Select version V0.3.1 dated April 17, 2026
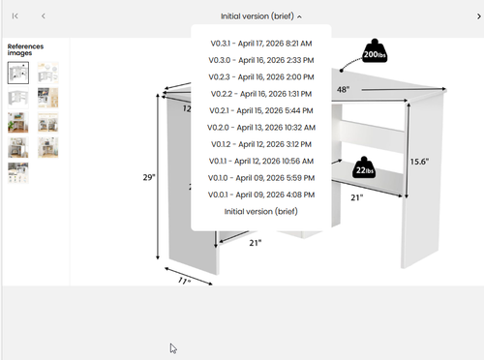tap(261, 44)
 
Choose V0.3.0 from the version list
tap(261, 60)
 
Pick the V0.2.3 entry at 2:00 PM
tap(261, 77)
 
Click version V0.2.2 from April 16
tap(261, 94)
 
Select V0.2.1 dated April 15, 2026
tap(261, 110)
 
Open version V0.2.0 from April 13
tap(261, 128)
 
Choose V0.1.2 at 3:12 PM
tap(261, 144)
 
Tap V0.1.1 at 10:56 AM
tap(261, 161)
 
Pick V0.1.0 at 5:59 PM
tap(261, 178)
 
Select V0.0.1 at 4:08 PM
tap(261, 195)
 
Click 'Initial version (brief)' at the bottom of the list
tap(261, 212)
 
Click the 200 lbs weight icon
tap(375, 51)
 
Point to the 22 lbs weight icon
tap(364, 167)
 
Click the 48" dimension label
tap(343, 89)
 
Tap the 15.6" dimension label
tap(419, 162)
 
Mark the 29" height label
tap(149, 177)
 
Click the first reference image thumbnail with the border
tap(18, 73)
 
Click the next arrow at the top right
tap(479, 16)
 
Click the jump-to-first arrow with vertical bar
tap(15, 16)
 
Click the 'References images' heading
tap(25, 49)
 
